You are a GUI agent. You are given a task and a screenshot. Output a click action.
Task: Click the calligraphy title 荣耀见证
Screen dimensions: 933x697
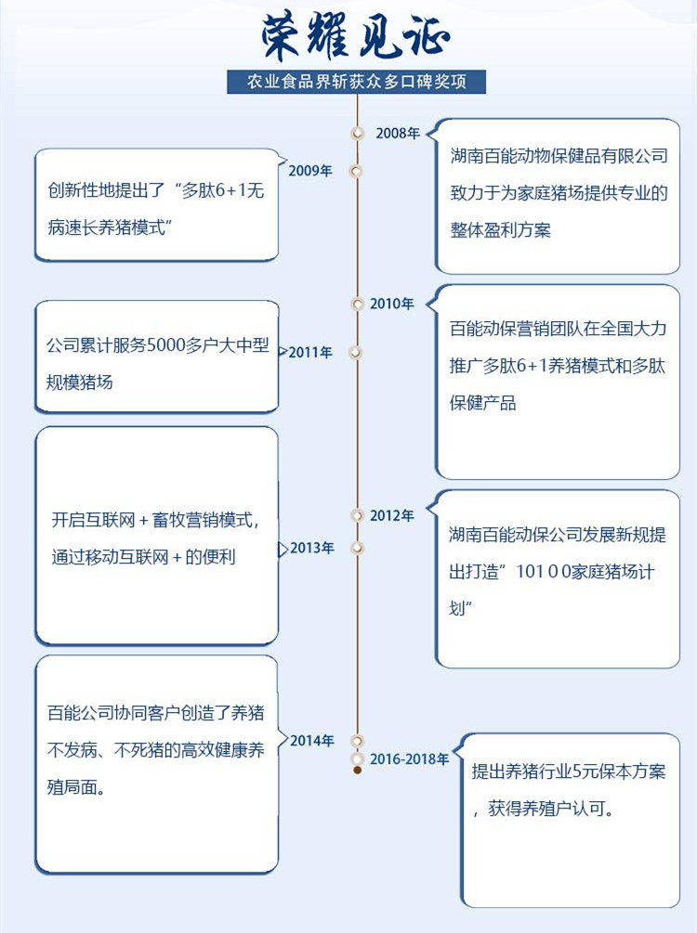coord(356,37)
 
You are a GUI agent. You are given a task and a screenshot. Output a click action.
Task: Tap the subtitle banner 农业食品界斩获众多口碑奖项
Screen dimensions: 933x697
coord(356,82)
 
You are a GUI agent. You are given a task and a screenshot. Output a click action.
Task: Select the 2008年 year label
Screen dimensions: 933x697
coord(398,133)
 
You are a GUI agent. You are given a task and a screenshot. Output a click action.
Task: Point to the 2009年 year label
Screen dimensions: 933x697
coord(310,171)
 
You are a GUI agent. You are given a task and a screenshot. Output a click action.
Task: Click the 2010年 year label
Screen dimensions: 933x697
coord(391,304)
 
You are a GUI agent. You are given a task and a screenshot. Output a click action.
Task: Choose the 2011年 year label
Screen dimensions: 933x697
coord(310,353)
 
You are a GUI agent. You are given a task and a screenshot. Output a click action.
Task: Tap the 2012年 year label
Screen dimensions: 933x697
coord(391,515)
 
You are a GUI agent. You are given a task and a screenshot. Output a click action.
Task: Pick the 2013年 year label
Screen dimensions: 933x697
coord(311,548)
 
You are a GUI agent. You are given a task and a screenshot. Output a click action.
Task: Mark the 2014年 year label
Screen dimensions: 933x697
coord(311,741)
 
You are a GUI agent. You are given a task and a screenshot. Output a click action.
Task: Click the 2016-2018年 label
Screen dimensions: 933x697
coord(409,759)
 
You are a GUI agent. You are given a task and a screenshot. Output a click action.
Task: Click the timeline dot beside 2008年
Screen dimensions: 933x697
coord(357,133)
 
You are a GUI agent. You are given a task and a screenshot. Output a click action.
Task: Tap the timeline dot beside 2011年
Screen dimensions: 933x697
coord(354,353)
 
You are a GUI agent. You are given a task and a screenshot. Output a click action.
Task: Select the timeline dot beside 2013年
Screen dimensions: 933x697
coord(356,548)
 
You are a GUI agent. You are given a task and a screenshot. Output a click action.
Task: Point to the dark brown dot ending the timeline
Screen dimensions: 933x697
coord(357,771)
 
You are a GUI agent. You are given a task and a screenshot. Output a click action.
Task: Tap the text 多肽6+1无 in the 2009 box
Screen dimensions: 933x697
coord(224,192)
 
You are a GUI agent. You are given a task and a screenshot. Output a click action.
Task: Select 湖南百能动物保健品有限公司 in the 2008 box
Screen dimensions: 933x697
coord(558,157)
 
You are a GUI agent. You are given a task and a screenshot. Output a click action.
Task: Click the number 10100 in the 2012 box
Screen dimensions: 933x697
coord(562,573)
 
